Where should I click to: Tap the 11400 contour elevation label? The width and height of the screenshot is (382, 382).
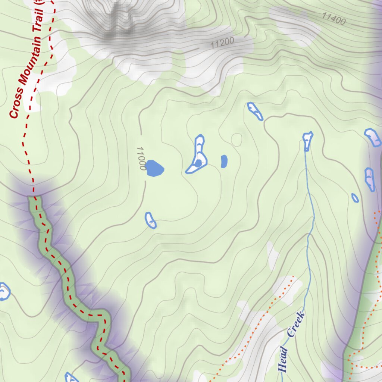334,19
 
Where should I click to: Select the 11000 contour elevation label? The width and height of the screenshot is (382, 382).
141,158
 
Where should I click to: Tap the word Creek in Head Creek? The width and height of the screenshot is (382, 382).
296,325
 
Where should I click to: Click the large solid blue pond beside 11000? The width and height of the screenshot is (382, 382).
154,168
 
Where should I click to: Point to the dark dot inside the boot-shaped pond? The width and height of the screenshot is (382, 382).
198,163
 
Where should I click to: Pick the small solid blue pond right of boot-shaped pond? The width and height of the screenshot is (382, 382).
224,161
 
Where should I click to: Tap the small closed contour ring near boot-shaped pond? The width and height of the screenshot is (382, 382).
237,140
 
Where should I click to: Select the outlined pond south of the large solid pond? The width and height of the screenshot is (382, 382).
151,220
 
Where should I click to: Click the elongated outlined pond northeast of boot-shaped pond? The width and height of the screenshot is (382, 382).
255,111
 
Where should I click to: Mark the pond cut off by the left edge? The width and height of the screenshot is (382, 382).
4,291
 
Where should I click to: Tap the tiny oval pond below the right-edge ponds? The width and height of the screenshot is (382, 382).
355,198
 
